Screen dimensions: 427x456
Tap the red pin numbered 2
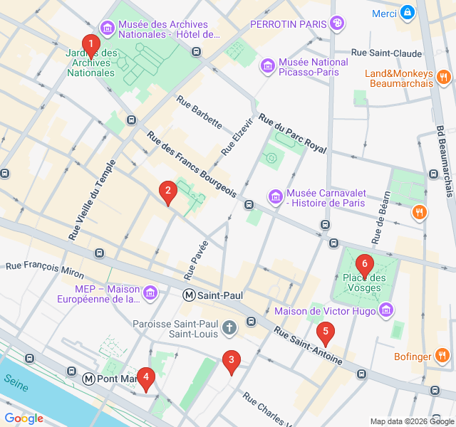click(x=167, y=191)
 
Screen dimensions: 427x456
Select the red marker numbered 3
click(x=230, y=360)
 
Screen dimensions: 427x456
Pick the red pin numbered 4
click(x=145, y=378)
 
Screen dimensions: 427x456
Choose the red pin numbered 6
click(x=365, y=264)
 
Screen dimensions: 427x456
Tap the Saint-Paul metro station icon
click(x=190, y=295)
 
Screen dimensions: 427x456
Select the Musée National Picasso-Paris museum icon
click(x=268, y=67)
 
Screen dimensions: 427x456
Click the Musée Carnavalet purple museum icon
click(x=275, y=196)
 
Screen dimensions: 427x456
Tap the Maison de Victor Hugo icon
click(x=386, y=310)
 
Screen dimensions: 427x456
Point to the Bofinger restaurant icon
click(x=443, y=356)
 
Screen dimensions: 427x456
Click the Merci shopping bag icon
click(x=407, y=12)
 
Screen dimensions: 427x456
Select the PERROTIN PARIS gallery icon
click(x=338, y=23)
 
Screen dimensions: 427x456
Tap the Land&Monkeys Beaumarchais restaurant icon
click(x=443, y=76)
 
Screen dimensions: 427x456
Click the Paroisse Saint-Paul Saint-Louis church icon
click(x=229, y=329)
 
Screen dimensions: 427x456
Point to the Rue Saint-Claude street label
click(x=387, y=53)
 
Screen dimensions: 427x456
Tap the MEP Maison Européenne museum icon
click(x=150, y=293)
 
